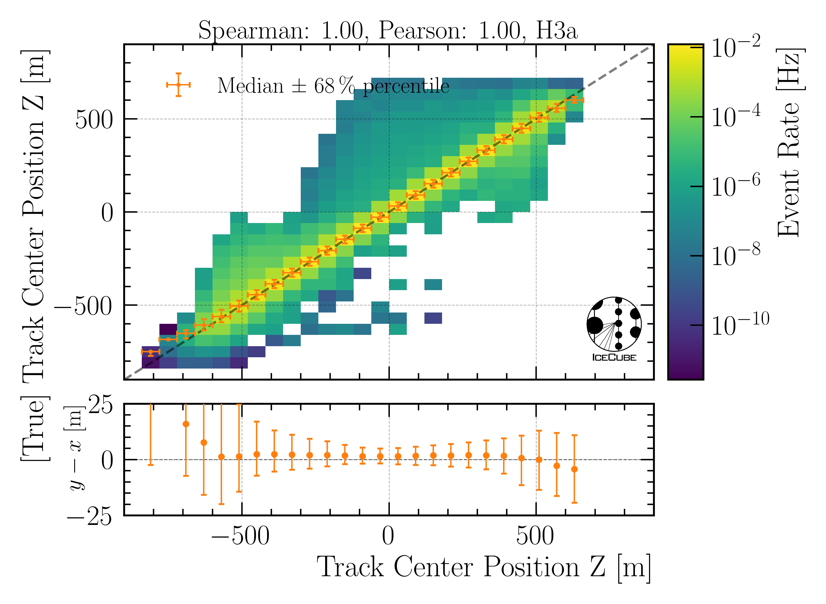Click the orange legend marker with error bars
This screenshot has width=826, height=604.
coord(178,85)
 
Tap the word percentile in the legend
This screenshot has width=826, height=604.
coord(406,86)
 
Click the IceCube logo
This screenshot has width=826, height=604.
coord(614,329)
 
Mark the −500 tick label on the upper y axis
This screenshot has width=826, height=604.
coord(83,306)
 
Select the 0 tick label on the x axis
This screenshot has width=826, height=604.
coord(388,536)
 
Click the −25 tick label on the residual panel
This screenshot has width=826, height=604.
coord(89,517)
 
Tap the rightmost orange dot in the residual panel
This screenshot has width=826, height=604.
coord(574,469)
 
